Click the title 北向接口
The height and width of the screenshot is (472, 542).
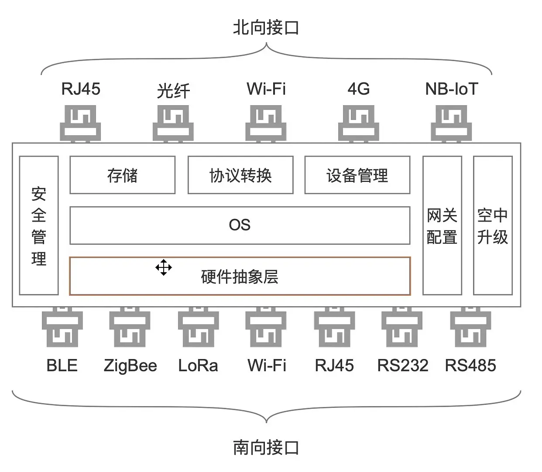coord(266,27)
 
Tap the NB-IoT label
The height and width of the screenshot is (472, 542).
coord(451,89)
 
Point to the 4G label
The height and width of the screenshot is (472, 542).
coord(358,89)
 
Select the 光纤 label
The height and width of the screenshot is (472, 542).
coord(173,91)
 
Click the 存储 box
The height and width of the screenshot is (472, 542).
coord(122,175)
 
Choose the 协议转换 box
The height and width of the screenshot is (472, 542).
coord(240,175)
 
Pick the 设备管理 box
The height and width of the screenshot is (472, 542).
coord(357,175)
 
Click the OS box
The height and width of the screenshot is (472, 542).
coord(240,225)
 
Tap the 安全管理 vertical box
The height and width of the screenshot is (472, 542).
coord(39,226)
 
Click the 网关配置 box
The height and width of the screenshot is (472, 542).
coord(442,226)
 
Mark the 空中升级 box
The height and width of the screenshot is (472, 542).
coord(493,226)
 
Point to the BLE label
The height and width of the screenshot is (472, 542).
coord(62,365)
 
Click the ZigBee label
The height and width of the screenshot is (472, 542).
coord(130,365)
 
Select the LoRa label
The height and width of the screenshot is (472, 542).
coord(198,365)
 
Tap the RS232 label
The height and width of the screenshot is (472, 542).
coord(402,365)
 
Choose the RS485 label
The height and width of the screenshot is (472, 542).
coord(470,365)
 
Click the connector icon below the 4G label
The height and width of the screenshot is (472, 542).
coord(358,123)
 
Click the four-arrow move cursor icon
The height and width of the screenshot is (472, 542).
coord(164,267)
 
